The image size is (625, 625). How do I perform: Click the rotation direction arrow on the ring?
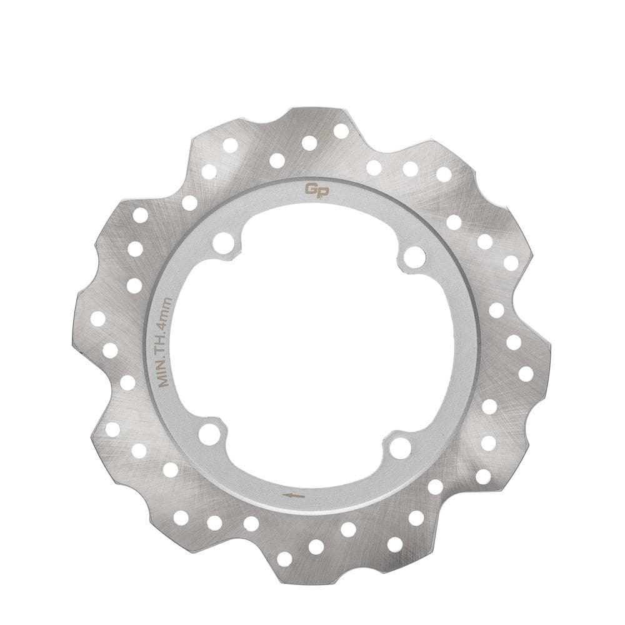(x=294, y=496)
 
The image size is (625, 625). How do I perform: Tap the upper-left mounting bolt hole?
(x=223, y=243)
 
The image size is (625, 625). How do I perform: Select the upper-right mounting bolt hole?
(x=414, y=256)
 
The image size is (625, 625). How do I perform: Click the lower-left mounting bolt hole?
(x=209, y=434)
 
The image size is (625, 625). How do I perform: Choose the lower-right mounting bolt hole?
(x=400, y=447)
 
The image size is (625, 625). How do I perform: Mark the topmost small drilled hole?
(x=341, y=131)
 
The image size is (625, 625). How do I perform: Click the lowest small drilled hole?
(x=284, y=559)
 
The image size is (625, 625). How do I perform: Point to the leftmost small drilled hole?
(x=97, y=319)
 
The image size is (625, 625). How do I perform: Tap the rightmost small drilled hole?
(x=526, y=374)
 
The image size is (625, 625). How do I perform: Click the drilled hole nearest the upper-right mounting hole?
(x=454, y=222)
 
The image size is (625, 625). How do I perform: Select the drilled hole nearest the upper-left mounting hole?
(x=189, y=202)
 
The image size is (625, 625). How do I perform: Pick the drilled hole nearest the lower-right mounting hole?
(x=436, y=487)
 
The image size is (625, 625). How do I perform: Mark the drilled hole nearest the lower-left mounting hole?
(x=171, y=469)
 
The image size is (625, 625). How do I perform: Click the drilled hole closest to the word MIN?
(x=127, y=382)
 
